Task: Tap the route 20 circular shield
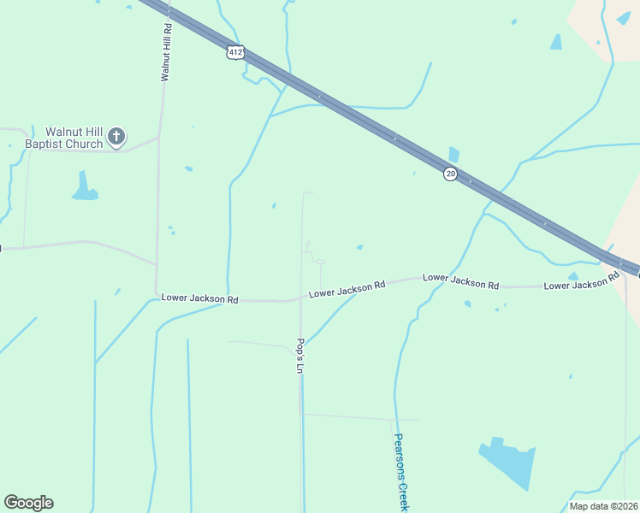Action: click(450, 174)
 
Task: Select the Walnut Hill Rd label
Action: click(167, 52)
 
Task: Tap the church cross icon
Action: click(116, 136)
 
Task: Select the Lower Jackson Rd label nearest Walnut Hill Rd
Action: click(199, 299)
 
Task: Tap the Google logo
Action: click(28, 503)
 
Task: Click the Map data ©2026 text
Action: click(603, 506)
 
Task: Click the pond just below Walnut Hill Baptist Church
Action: click(84, 188)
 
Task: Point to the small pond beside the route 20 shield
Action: click(453, 155)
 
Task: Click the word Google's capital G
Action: click(12, 503)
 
